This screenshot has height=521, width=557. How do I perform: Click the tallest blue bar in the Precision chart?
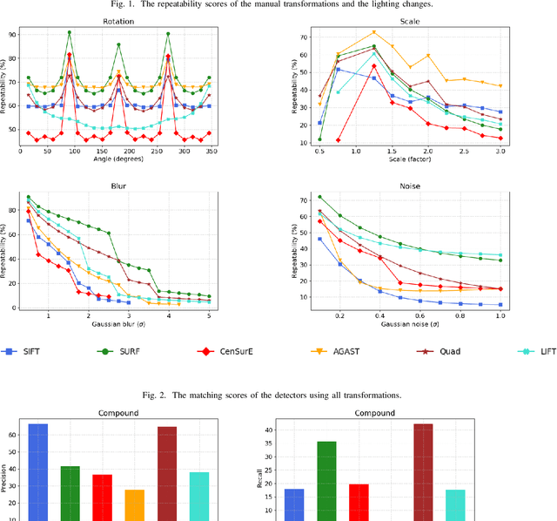point(38,470)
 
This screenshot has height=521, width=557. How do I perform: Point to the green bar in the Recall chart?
point(326,480)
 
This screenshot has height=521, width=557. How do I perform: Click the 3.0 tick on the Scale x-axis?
point(500,150)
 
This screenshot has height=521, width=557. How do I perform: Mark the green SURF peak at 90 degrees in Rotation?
point(70,33)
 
